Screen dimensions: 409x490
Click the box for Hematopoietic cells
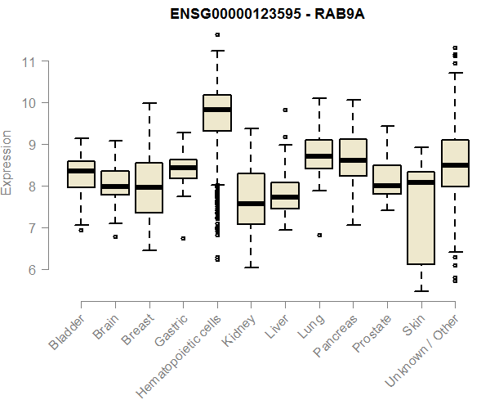(x=217, y=115)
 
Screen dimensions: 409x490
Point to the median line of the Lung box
(x=318, y=155)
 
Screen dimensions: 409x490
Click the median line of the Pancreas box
(x=353, y=160)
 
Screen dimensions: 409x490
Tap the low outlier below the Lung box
(x=318, y=235)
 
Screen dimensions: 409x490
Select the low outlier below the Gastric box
(x=183, y=238)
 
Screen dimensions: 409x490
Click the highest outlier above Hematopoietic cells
(x=216, y=34)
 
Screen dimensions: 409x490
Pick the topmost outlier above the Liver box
(x=285, y=110)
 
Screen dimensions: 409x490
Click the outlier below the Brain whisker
(x=115, y=236)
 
